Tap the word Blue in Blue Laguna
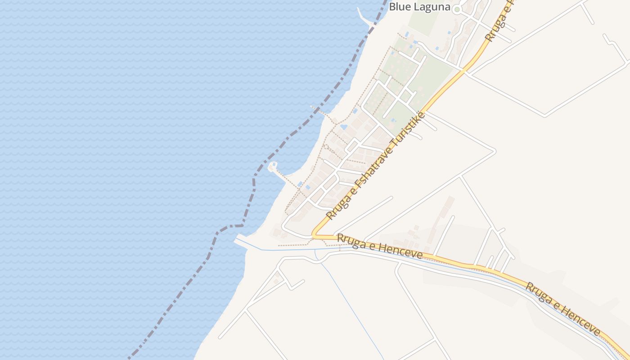tap(399, 7)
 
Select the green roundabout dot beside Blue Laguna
tap(457, 9)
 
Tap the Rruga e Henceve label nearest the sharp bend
tap(380, 246)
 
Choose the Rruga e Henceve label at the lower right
tap(562, 309)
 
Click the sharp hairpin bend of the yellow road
tap(315, 234)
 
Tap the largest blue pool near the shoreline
tap(344, 127)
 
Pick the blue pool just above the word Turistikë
tap(393, 120)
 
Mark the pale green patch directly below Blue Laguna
tap(423, 20)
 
